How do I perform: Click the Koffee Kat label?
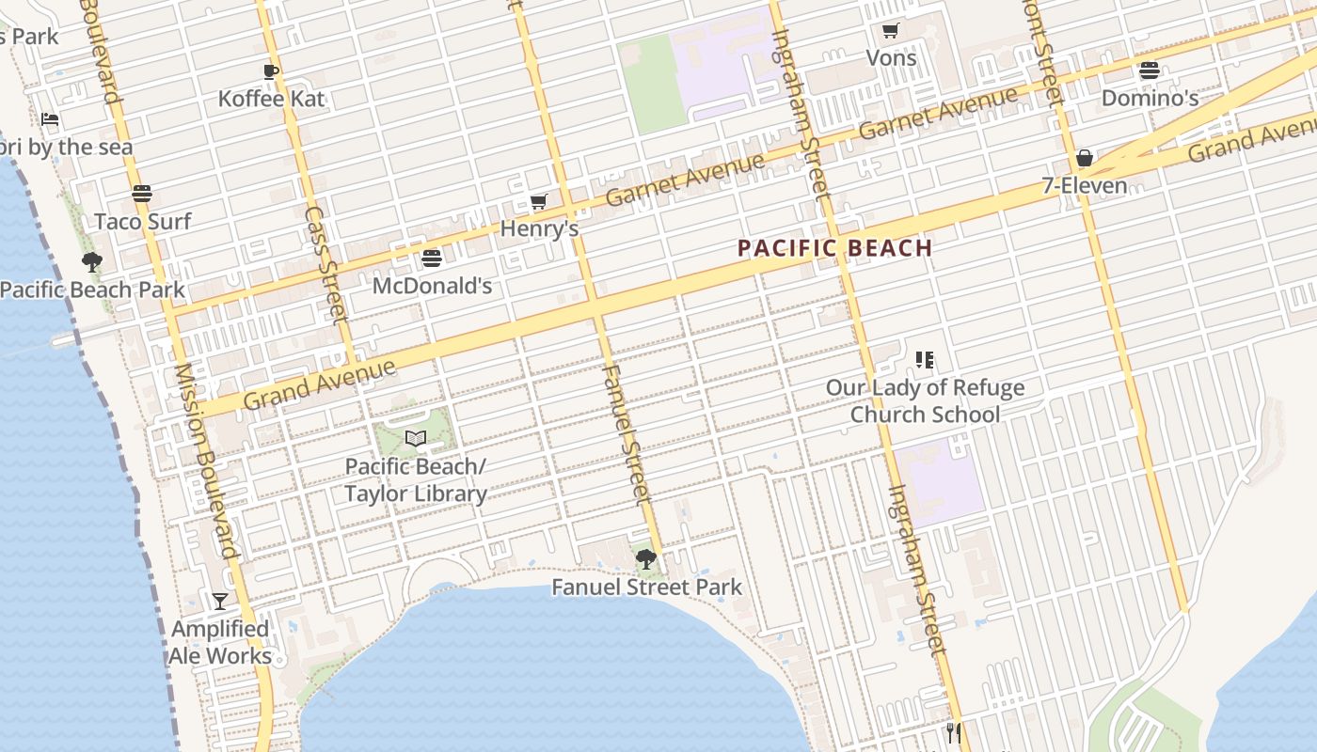[271, 99]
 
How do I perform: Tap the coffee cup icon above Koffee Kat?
[271, 71]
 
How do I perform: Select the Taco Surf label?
[142, 221]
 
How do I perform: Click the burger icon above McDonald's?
[432, 258]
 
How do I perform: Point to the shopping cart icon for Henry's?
[539, 201]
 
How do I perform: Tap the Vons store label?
[890, 57]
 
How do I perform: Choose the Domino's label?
[1150, 98]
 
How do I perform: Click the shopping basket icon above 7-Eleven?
[1084, 158]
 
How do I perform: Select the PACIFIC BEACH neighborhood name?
[834, 248]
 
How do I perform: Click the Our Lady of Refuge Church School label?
[925, 400]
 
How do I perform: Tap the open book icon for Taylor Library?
[415, 438]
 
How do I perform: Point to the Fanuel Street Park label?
[646, 587]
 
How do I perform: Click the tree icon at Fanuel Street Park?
[645, 559]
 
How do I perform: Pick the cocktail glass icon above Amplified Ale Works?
[219, 601]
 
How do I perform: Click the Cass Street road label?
[326, 265]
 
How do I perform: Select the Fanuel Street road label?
[624, 433]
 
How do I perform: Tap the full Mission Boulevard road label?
[204, 461]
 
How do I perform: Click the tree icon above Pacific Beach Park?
[91, 261]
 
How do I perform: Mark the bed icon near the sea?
[50, 119]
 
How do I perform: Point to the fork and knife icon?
[953, 732]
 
